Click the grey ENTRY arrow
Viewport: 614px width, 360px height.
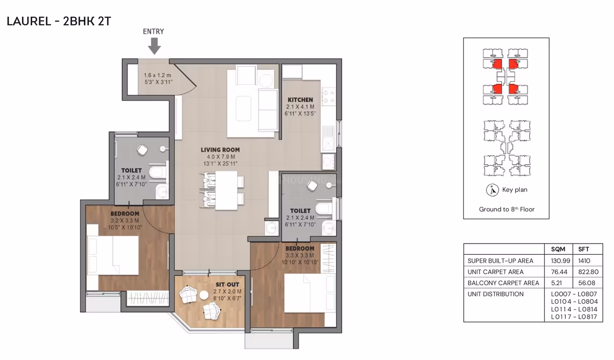154,46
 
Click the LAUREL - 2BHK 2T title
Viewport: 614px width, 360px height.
59,21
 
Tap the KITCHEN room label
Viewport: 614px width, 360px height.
300,100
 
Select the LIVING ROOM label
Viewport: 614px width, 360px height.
220,150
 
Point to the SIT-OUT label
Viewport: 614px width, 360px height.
227,285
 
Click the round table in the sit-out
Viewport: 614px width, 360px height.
204,295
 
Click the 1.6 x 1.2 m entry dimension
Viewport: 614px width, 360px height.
157,75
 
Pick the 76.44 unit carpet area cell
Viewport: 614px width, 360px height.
558,272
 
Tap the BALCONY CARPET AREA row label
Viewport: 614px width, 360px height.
503,283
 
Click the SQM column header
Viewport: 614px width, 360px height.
558,249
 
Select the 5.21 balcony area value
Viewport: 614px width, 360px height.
557,283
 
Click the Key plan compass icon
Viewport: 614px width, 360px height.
492,190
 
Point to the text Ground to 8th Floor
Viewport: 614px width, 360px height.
507,209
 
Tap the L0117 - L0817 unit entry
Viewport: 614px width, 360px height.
574,317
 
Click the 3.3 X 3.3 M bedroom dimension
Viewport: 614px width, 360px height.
300,255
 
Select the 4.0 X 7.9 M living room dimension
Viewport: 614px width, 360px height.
221,157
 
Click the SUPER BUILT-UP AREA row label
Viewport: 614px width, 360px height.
500,261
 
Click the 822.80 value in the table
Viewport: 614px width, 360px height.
588,272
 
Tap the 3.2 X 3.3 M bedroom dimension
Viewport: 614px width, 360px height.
124,221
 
